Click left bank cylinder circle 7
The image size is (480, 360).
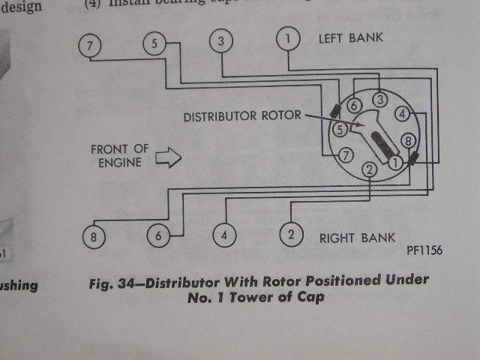pyautogui.click(x=90, y=46)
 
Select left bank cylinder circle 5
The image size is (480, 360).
pyautogui.click(x=154, y=45)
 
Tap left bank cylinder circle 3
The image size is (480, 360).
pyautogui.click(x=220, y=41)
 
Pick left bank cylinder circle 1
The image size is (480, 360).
pyautogui.click(x=288, y=38)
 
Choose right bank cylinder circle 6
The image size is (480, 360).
pyautogui.click(x=159, y=235)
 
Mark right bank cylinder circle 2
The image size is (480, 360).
pyautogui.click(x=291, y=234)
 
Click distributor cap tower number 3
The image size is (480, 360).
pyautogui.click(x=381, y=100)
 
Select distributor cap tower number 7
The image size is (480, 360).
pyautogui.click(x=345, y=156)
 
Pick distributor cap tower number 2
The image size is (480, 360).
pyautogui.click(x=369, y=170)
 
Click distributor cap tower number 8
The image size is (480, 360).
pyautogui.click(x=407, y=140)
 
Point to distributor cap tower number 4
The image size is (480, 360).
pyautogui.click(x=403, y=114)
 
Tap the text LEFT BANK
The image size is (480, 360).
pyautogui.click(x=351, y=37)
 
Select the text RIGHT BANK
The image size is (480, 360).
pyautogui.click(x=357, y=238)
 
